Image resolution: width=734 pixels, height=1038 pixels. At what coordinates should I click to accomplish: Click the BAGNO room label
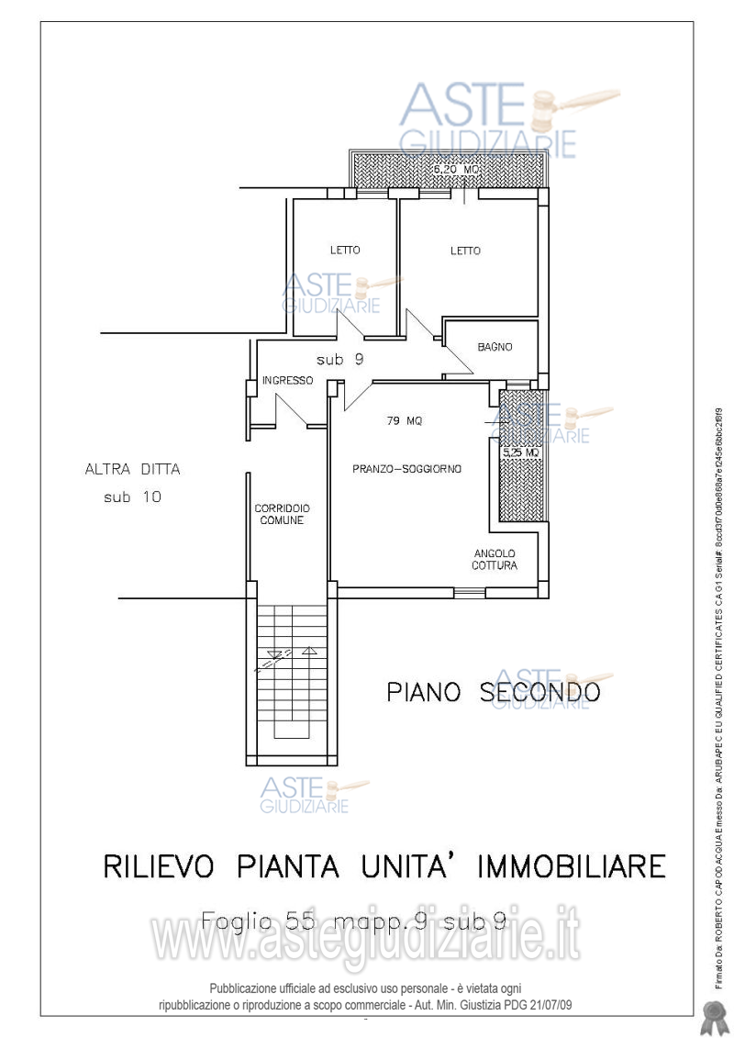(x=495, y=347)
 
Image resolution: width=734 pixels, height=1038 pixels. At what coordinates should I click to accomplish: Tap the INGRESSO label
(x=287, y=380)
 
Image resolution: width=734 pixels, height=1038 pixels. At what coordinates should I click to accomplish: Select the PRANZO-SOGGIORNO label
(x=406, y=469)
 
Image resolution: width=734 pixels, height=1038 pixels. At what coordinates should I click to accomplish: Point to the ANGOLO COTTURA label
(x=495, y=559)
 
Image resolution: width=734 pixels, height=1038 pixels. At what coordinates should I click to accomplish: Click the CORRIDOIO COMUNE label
(x=282, y=514)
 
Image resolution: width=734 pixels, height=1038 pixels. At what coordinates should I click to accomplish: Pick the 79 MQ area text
(x=404, y=421)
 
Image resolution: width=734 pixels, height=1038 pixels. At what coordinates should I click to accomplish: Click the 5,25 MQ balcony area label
(x=520, y=452)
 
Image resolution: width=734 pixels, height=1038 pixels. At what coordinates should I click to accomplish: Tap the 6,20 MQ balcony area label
(x=456, y=170)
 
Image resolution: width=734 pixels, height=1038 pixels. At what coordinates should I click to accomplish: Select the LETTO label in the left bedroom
(x=345, y=250)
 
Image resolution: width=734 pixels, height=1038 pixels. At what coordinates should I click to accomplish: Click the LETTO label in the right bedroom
(x=465, y=251)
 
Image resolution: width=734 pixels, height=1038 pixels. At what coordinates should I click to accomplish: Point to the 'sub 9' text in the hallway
(x=339, y=360)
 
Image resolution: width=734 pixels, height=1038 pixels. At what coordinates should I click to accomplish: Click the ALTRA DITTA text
(x=132, y=469)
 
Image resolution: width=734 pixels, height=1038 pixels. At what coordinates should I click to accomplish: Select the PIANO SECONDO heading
(x=493, y=691)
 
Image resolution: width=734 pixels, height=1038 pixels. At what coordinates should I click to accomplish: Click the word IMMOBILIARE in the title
(x=563, y=865)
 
